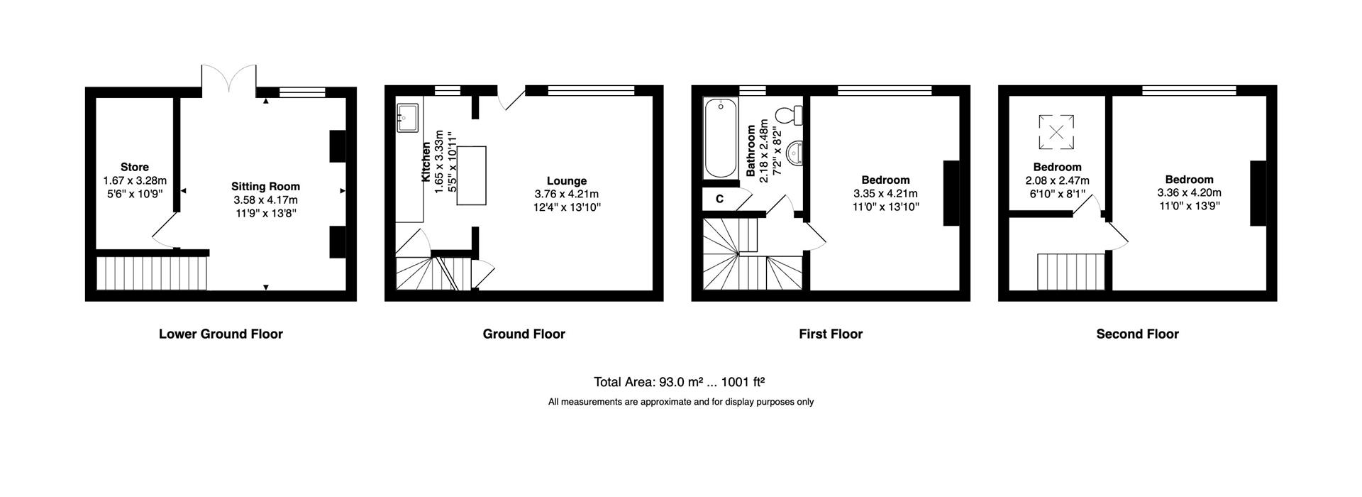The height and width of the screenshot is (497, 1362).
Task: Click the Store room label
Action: tap(134, 168)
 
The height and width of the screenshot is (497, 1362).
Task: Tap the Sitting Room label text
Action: tap(265, 187)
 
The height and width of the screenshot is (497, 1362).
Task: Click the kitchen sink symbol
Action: tap(408, 118)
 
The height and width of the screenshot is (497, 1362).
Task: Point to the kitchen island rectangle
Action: tap(472, 175)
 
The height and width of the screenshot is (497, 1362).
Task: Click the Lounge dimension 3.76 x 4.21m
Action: tap(566, 194)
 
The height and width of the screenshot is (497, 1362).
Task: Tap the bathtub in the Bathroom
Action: tap(720, 139)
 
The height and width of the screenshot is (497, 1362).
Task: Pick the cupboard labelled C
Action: tap(719, 200)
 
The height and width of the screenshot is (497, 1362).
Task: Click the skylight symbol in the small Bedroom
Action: tap(1056, 132)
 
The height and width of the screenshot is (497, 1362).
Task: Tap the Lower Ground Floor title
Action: tap(221, 334)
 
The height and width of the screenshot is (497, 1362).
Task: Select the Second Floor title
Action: tap(1137, 334)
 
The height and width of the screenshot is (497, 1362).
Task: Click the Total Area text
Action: tap(679, 382)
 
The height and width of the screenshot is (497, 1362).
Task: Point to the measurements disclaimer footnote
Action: tap(680, 402)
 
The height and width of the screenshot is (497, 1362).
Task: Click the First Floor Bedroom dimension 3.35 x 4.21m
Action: tap(885, 194)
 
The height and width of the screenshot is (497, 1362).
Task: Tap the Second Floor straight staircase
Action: tap(1071, 271)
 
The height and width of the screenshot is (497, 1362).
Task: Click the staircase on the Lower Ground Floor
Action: tap(151, 273)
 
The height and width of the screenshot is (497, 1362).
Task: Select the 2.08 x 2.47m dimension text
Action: tap(1057, 180)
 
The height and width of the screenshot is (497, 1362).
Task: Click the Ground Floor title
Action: tap(524, 334)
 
